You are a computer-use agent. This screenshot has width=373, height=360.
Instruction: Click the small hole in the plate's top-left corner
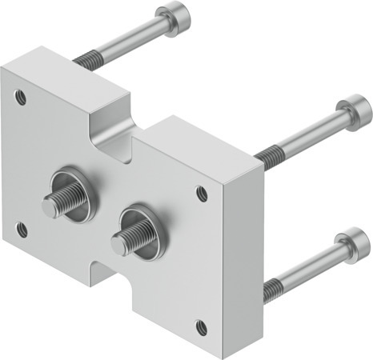pos(22,100)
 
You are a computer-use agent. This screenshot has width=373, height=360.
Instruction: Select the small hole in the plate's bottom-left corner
pos(22,231)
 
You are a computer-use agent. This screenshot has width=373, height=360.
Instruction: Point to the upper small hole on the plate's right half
pos(201,192)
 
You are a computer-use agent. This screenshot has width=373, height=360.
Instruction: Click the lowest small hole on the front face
pos(201,326)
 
